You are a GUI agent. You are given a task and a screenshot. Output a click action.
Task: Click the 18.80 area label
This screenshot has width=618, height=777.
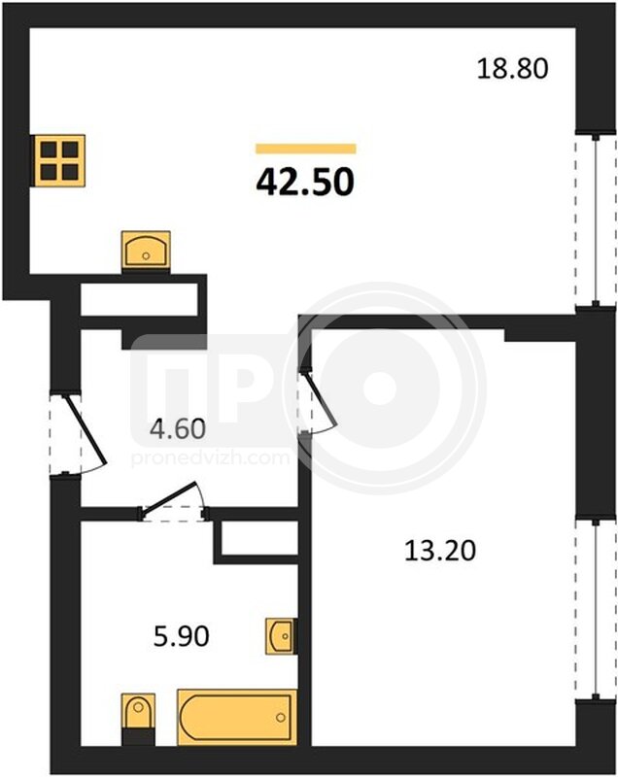click(512, 68)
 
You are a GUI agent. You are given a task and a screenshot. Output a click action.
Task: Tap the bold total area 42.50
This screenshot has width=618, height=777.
click(305, 182)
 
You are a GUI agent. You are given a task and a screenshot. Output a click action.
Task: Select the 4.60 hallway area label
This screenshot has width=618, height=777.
click(178, 428)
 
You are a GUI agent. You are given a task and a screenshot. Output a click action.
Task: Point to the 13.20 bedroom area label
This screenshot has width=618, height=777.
click(440, 551)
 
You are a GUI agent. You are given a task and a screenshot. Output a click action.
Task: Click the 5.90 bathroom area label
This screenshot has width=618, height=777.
click(182, 636)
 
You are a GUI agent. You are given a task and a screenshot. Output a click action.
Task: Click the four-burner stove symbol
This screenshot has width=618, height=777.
click(59, 160)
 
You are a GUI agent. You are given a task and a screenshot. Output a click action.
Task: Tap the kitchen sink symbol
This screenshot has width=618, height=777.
click(146, 251)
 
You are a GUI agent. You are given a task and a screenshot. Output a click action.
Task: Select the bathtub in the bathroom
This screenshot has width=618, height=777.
click(237, 717)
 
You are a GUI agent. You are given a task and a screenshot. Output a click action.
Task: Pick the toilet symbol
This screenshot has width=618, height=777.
click(138, 719)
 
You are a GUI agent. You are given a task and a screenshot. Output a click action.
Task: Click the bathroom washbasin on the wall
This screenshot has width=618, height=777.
click(282, 636)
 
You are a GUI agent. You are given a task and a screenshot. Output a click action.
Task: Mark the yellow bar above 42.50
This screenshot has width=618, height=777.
click(306, 149)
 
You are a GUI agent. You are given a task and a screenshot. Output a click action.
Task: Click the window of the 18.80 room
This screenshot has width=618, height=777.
click(596, 220)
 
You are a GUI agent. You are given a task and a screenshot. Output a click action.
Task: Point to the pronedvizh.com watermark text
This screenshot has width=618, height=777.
click(210, 456)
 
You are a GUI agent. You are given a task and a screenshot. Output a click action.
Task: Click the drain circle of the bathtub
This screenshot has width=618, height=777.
click(281, 717)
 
